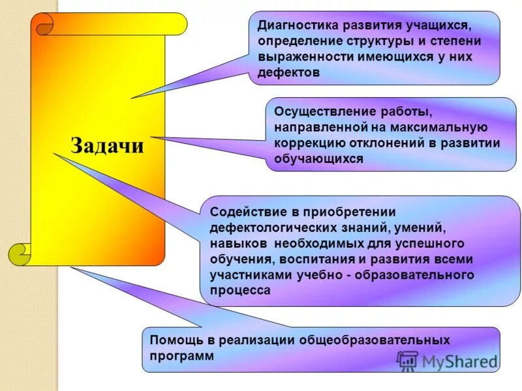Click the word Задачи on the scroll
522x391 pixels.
coord(106,145)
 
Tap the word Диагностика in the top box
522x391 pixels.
coord(296,26)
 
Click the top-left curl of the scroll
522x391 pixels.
coord(44,25)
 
